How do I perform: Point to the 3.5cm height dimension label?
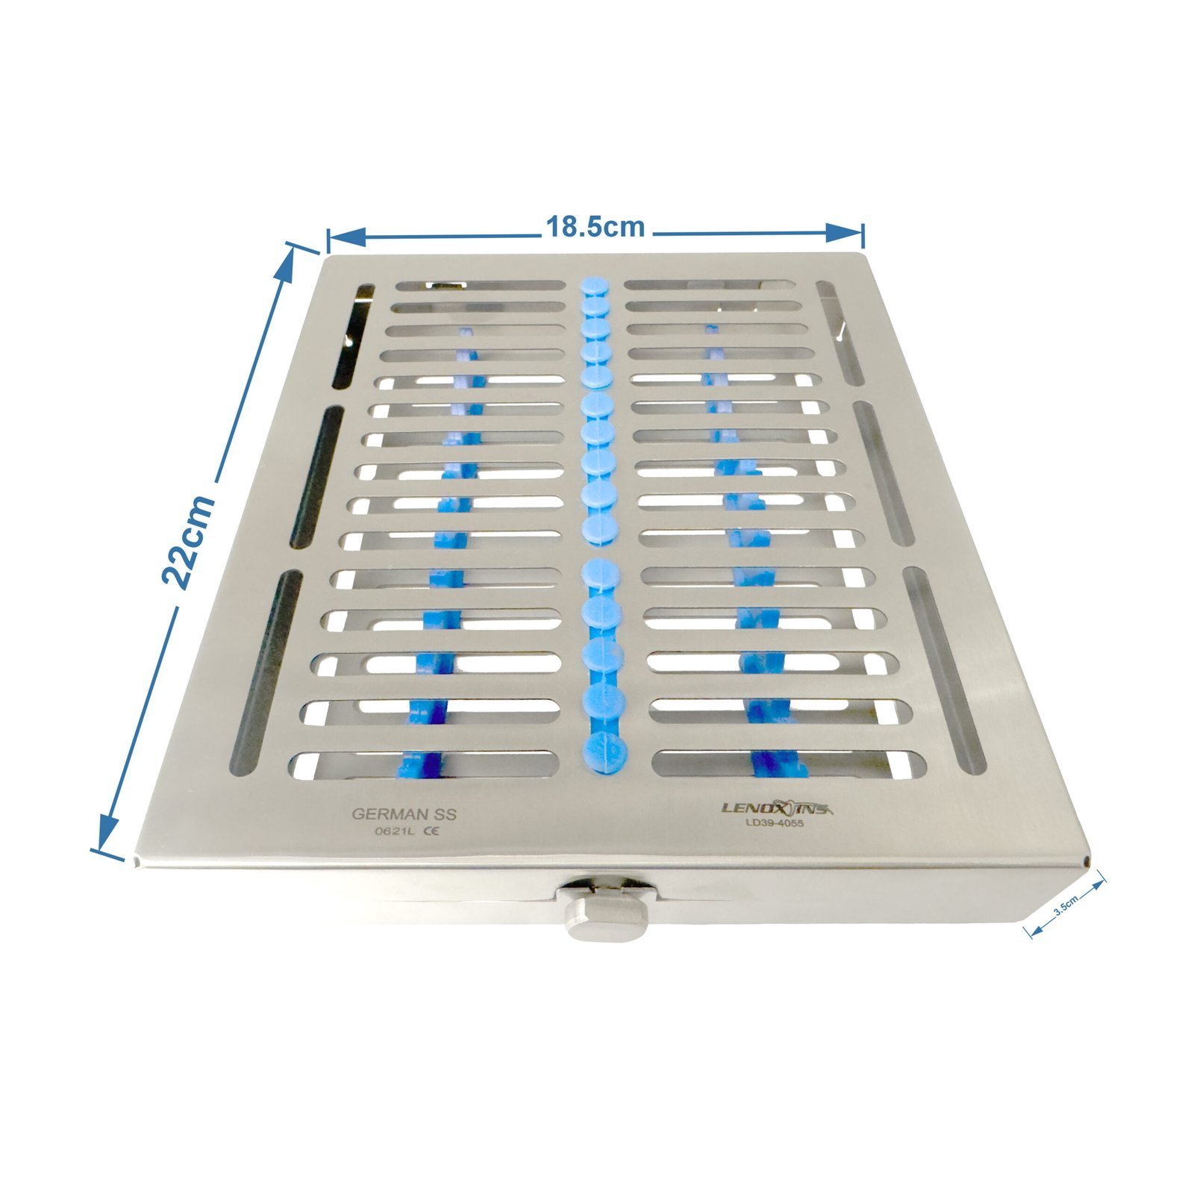(1067, 907)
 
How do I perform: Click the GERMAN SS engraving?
(404, 814)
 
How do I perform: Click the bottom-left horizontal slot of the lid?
(423, 765)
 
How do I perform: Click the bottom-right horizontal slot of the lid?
(789, 763)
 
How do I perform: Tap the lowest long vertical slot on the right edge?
(945, 668)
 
